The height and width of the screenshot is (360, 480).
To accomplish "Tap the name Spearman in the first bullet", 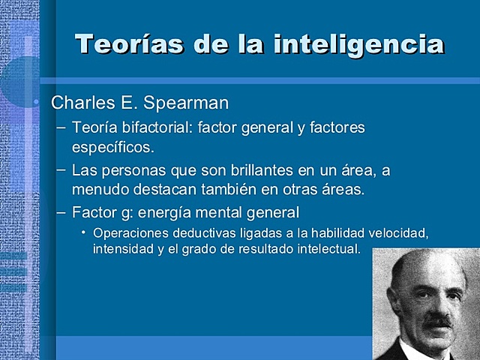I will point(190,102).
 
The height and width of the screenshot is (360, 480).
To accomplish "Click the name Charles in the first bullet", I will point(79,102).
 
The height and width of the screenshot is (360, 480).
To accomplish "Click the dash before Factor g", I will point(61,211).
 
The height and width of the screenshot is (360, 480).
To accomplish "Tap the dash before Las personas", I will point(61,169).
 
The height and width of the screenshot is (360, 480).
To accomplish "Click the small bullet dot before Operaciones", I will point(84,232).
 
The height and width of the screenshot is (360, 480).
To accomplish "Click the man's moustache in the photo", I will point(438,321).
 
